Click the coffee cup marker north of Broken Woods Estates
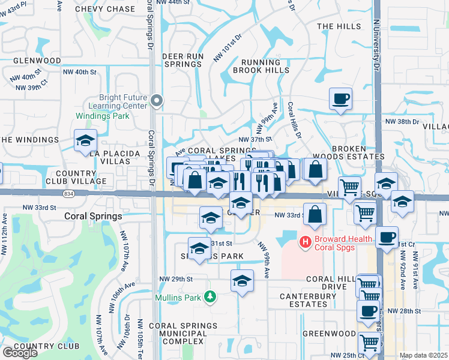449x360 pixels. pos(340,98)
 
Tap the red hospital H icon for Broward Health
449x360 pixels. pos(305,242)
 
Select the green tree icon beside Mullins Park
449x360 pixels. pos(209,296)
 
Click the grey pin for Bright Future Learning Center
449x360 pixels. pos(157,100)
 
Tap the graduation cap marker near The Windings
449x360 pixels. pos(86,140)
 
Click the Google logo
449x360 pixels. pos(20,353)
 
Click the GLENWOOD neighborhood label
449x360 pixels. pos(37,61)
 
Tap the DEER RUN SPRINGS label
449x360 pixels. pos(182,60)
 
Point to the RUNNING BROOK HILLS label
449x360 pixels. pos(261,66)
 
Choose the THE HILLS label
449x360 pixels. pos(339,26)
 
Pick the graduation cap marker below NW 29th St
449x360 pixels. pos(241,280)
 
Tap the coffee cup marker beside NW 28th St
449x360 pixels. pos(368,311)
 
